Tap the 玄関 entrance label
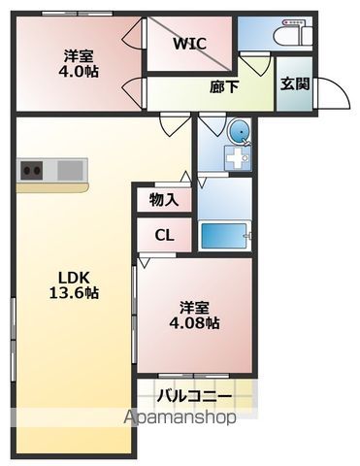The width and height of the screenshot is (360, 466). pyautogui.click(x=294, y=83)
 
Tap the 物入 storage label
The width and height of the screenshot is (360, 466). pyautogui.click(x=162, y=199)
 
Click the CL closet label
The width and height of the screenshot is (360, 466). pyautogui.click(x=163, y=234)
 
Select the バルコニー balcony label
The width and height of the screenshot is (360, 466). pyautogui.click(x=197, y=396)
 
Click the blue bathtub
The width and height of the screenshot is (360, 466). pyautogui.click(x=224, y=235)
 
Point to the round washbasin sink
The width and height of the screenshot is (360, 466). pyautogui.click(x=238, y=131)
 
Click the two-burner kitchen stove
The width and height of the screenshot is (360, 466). pyautogui.click(x=31, y=171)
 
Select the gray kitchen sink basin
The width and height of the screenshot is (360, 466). pyautogui.click(x=71, y=171)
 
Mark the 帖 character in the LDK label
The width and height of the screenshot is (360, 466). pyautogui.click(x=92, y=292)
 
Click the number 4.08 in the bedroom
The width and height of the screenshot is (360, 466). pyautogui.click(x=184, y=322)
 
